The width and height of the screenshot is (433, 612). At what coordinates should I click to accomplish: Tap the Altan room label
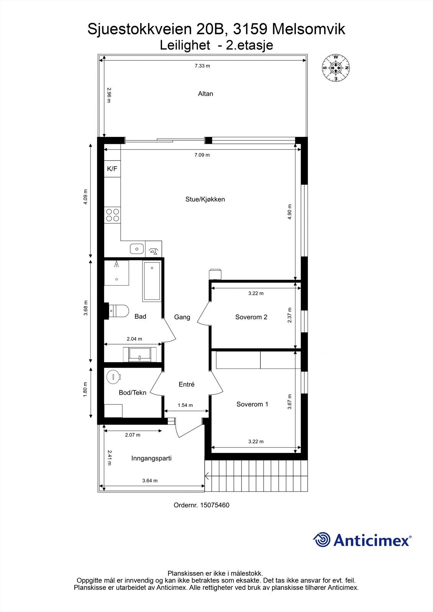206,94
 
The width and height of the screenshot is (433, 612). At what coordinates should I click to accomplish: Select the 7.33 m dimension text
202,66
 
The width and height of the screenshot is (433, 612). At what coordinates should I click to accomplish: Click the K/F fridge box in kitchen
112,169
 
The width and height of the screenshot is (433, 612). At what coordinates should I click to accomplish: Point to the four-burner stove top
113,215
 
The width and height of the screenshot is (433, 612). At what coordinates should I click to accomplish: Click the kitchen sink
137,249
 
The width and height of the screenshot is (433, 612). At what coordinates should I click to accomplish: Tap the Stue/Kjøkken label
205,199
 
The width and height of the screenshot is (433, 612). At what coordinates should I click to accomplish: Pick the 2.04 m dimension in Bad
134,339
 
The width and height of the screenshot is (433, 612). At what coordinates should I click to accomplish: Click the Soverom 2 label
251,317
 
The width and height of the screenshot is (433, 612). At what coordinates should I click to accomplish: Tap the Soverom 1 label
252,404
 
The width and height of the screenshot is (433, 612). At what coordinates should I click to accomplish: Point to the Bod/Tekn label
132,393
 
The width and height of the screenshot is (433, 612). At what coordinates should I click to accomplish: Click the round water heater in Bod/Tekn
113,377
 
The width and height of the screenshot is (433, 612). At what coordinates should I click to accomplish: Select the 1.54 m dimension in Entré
185,405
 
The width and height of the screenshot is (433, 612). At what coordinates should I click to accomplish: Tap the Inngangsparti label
151,458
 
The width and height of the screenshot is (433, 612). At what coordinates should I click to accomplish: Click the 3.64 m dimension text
150,481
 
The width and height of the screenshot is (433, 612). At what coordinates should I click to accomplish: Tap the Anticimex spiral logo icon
322,540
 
